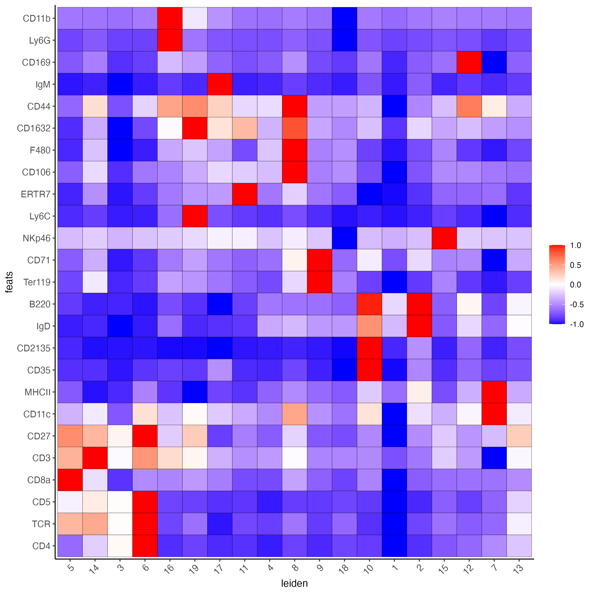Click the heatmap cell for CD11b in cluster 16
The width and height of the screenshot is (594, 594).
tap(170, 18)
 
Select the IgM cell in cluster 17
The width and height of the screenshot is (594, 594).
tap(220, 84)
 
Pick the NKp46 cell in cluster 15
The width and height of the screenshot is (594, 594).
tap(444, 238)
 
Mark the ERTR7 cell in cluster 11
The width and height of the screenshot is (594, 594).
tap(245, 194)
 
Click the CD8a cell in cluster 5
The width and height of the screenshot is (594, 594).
tap(70, 480)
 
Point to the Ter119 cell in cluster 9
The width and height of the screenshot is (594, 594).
tap(319, 282)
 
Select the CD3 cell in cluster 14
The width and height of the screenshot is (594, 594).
tap(95, 458)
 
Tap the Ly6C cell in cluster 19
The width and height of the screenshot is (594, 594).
tap(195, 216)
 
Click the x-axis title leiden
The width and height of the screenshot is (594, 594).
tap(294, 583)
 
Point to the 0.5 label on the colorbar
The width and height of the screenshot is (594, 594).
tap(575, 265)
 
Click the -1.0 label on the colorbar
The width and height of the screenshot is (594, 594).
tap(576, 324)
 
